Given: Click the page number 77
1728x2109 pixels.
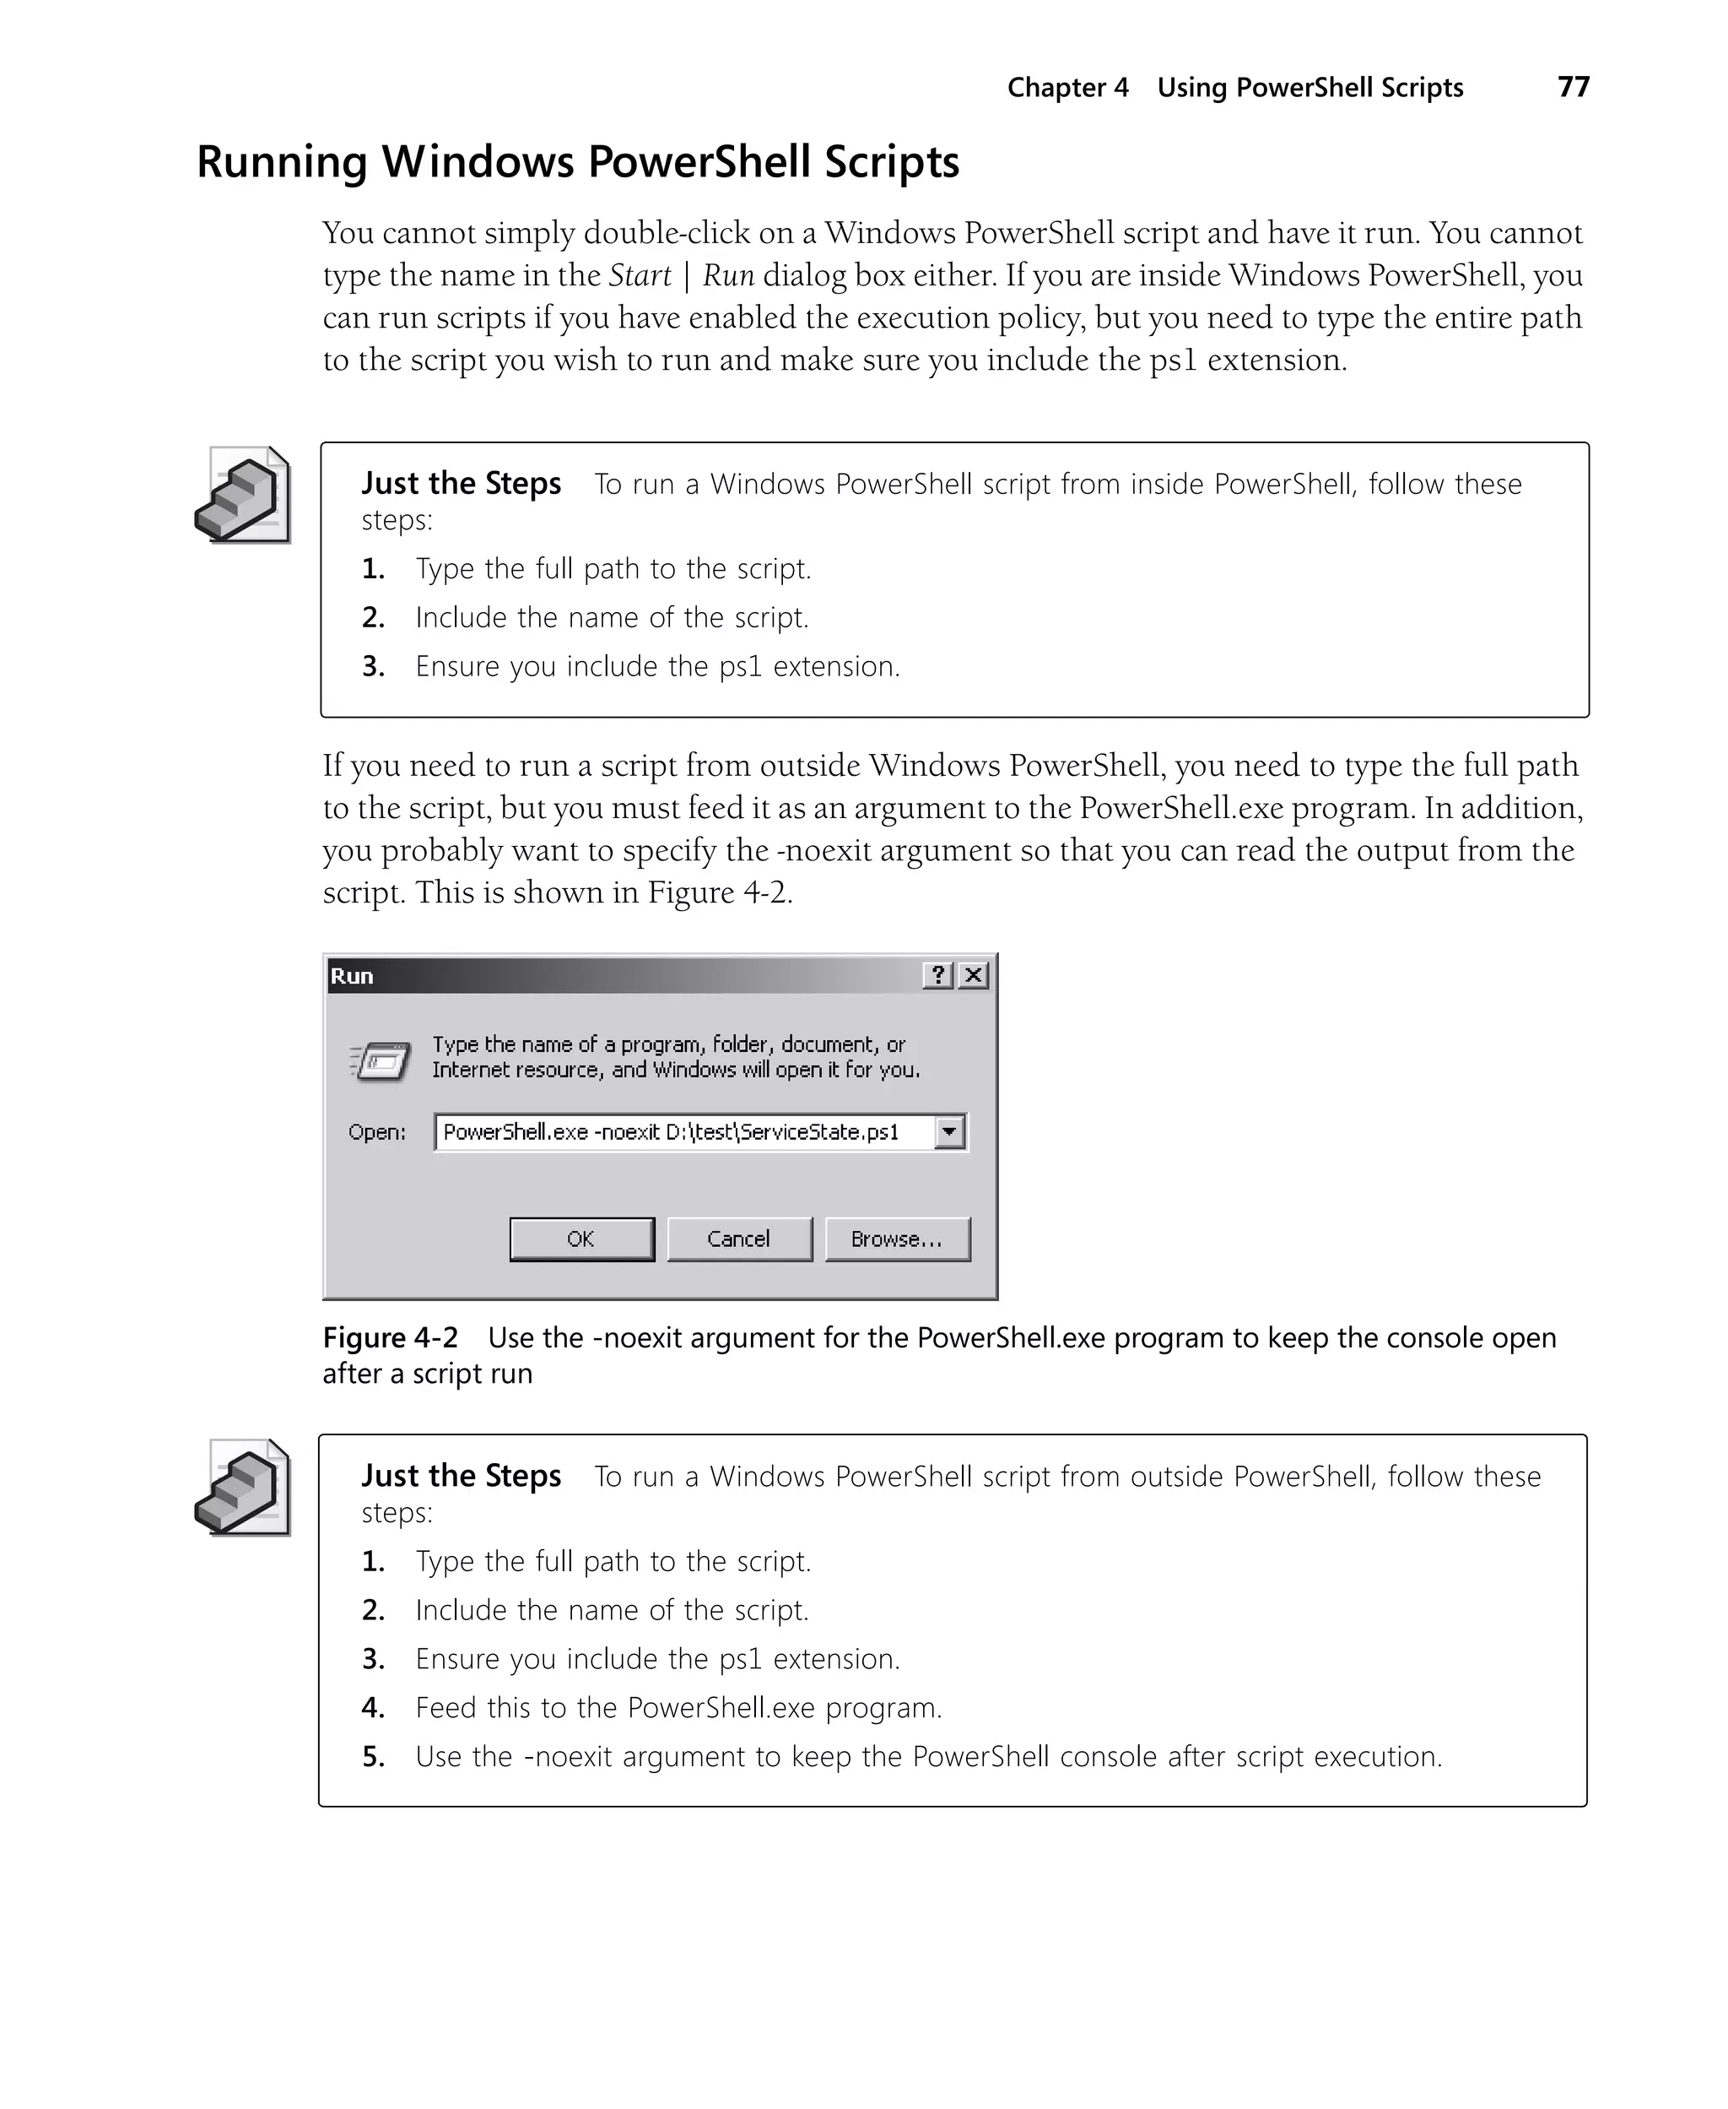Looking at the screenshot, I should (x=1573, y=88).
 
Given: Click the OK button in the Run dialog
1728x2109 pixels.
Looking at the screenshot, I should (x=581, y=1239).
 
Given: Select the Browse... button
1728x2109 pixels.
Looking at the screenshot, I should (x=897, y=1239).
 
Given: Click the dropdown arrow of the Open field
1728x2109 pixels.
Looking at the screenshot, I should (x=949, y=1132).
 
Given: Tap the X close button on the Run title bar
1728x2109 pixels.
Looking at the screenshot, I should (x=974, y=975).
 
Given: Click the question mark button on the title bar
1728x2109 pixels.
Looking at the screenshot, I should (x=937, y=975).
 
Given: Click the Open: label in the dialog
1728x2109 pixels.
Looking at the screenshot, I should (x=376, y=1132).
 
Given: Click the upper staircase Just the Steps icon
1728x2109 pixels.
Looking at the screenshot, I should (x=243, y=495).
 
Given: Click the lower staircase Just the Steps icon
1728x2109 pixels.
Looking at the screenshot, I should (x=243, y=1487).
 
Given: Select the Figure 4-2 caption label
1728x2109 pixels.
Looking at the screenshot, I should (x=390, y=1337).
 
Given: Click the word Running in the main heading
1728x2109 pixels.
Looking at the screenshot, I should (x=282, y=162).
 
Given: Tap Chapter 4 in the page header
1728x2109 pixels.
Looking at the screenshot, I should (x=1067, y=88).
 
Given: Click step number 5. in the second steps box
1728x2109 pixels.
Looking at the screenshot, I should (x=373, y=1756).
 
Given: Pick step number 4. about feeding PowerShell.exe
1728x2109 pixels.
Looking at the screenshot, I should (x=373, y=1708).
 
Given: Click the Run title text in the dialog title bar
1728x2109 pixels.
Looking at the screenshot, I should (x=351, y=976).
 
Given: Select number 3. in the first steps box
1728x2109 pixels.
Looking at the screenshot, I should (x=373, y=666).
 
